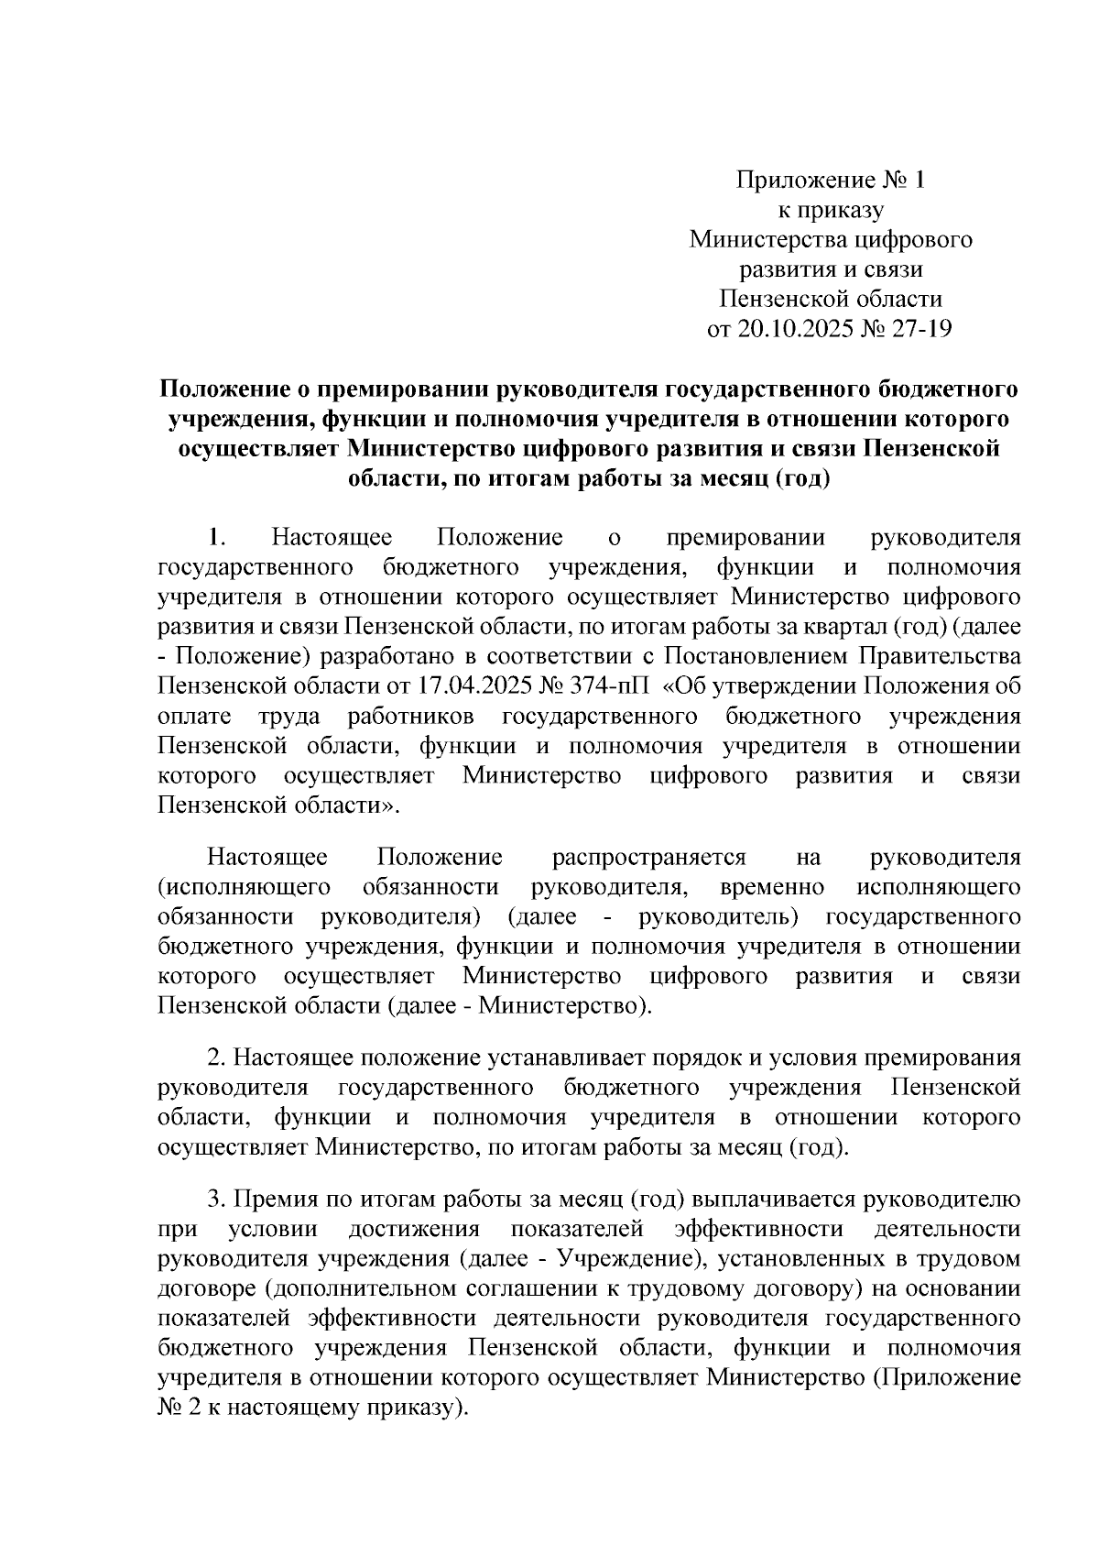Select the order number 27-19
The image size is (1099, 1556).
click(x=919, y=328)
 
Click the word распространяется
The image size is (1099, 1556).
click(x=648, y=858)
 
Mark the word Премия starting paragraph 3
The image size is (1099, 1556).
click(x=273, y=1200)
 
